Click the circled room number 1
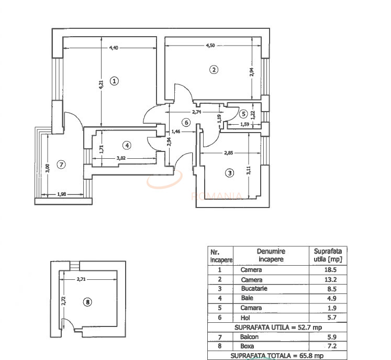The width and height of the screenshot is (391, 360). pos(115,81)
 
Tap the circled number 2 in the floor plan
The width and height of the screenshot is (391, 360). pos(214,69)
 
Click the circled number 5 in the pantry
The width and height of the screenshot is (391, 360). pos(243,113)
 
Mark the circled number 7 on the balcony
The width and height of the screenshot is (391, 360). pos(61,165)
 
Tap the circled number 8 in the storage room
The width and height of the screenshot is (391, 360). pos(87,301)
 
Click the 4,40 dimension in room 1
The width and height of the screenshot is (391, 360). pos(114,48)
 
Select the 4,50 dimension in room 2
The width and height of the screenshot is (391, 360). pos(210,46)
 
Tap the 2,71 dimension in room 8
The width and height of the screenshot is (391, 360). pos(81,279)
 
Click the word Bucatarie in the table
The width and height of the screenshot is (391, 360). pos(252,289)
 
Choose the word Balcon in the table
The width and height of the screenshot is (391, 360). pos(250,337)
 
